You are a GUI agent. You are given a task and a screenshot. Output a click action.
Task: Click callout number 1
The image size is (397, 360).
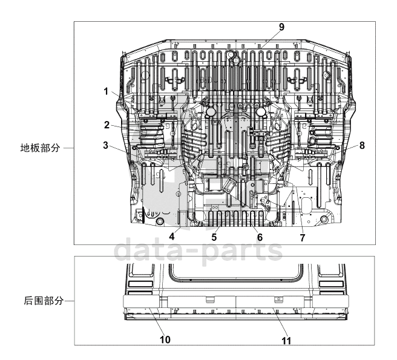pyautogui.click(x=106, y=91)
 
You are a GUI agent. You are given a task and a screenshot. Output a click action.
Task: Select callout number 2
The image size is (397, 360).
pyautogui.click(x=106, y=125)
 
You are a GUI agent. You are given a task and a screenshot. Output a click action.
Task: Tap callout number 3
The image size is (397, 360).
pyautogui.click(x=105, y=145)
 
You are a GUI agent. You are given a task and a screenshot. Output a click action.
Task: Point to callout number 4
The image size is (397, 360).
pyautogui.click(x=172, y=236)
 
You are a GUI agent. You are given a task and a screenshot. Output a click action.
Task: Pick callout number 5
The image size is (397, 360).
pyautogui.click(x=214, y=237)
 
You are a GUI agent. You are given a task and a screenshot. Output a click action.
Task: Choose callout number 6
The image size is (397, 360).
pyautogui.click(x=260, y=237)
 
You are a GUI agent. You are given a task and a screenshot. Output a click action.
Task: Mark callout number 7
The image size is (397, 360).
pyautogui.click(x=302, y=238)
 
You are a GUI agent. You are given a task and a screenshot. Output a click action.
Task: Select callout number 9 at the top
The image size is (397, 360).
pyautogui.click(x=281, y=27)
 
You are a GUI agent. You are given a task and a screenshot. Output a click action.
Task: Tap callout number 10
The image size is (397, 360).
pyautogui.click(x=165, y=339)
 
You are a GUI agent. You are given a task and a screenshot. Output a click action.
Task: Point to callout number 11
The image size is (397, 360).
pyautogui.click(x=287, y=341)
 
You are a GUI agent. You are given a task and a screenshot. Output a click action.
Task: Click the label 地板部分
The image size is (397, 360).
pyautogui.click(x=41, y=147)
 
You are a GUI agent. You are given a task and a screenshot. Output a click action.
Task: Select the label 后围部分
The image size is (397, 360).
pyautogui.click(x=41, y=300)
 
